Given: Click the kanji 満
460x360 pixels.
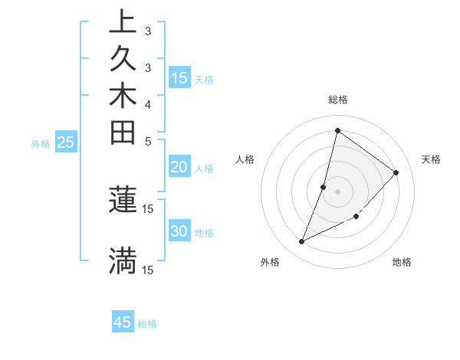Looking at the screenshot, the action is [123, 260].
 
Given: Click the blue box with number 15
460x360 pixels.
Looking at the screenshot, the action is [179, 77].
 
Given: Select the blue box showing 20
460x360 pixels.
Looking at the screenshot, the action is [179, 167].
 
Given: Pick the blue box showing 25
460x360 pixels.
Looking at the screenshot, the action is [66, 142].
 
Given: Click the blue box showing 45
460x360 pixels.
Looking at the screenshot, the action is [123, 322].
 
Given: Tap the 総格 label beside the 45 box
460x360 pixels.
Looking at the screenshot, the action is [147, 324].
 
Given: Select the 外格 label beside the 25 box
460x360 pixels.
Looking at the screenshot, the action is [41, 143].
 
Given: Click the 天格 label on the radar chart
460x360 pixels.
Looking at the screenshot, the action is [431, 159].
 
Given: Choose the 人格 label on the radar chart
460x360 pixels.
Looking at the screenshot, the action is [245, 159].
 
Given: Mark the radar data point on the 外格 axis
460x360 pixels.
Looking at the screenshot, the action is [302, 242].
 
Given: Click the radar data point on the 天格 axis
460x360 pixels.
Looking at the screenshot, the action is [396, 172].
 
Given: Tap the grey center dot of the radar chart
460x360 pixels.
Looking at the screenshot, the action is [337, 191].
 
